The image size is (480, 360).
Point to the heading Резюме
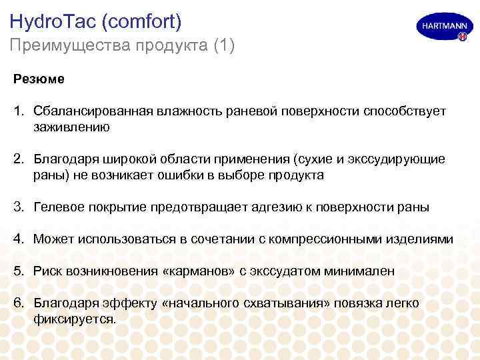point(39,79)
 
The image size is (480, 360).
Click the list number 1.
point(18,111)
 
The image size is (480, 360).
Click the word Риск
point(48,271)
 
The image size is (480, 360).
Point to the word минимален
point(359,271)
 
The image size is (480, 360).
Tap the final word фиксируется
point(75,319)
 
